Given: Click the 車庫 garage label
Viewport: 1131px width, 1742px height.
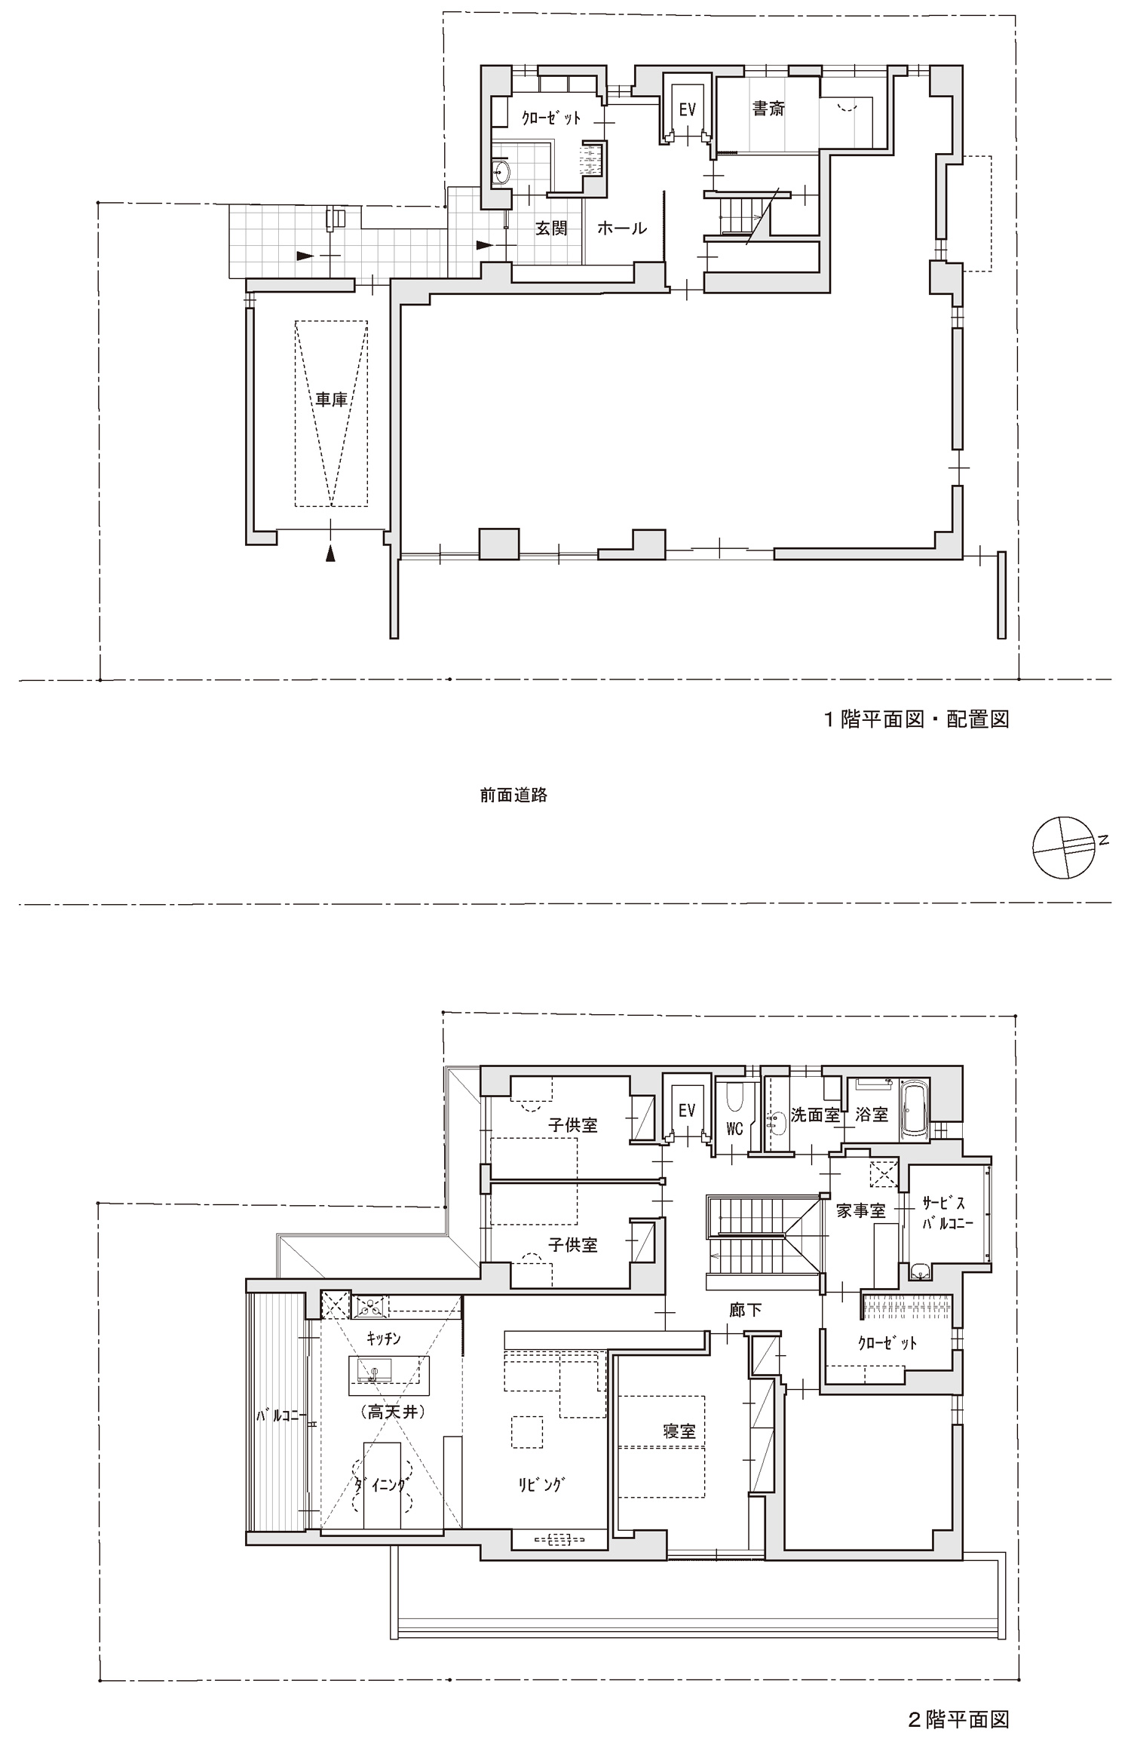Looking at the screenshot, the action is click(331, 399).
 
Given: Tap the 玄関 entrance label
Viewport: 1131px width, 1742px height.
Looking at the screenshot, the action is click(551, 228).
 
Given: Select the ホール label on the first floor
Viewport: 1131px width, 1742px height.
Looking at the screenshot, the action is click(622, 228).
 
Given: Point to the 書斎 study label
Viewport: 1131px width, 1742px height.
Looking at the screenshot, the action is click(768, 109).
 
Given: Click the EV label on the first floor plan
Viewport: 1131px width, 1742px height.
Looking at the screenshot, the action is click(687, 110).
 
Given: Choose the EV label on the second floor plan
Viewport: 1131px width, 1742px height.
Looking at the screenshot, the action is click(686, 1110).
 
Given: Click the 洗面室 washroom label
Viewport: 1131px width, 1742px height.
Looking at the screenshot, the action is click(815, 1115).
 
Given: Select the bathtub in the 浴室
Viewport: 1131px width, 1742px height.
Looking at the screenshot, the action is click(915, 1112).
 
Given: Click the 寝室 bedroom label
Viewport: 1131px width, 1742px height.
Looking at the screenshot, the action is click(679, 1431).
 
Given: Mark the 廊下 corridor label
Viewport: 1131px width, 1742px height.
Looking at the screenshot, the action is click(746, 1310).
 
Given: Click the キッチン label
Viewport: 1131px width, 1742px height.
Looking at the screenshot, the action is click(383, 1339).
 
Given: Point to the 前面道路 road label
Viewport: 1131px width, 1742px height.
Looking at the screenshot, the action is click(513, 795).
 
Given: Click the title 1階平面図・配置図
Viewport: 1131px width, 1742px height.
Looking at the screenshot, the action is click(915, 719).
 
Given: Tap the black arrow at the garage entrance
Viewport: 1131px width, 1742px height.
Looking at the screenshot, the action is click(330, 554).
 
